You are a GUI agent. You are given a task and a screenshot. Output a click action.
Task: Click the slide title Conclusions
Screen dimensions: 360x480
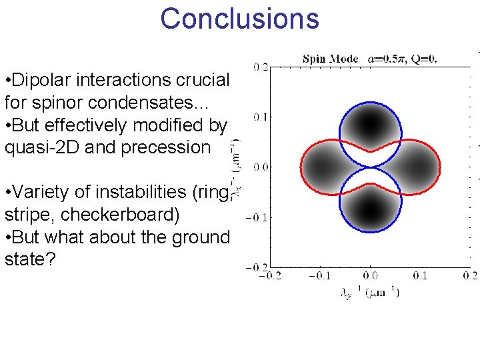239,19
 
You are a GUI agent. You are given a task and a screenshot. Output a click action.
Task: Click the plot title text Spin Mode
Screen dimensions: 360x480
330,59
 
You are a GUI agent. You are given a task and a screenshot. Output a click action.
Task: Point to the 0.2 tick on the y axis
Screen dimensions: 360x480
261,67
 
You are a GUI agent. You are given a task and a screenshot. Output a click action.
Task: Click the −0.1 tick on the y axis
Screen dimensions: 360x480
256,217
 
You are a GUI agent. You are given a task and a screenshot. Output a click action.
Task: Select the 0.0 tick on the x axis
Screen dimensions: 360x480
370,275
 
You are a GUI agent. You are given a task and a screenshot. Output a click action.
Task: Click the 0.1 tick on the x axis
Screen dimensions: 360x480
420,275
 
